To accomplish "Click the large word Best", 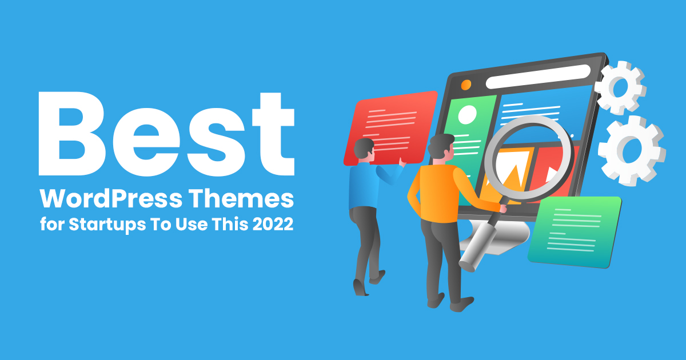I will click(x=166, y=135).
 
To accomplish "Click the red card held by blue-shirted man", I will click(x=389, y=127).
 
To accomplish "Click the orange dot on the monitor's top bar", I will click(x=466, y=85).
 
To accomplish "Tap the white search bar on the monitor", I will click(x=537, y=76).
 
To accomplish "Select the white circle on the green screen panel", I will click(x=467, y=115).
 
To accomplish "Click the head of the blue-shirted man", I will click(x=364, y=150).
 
